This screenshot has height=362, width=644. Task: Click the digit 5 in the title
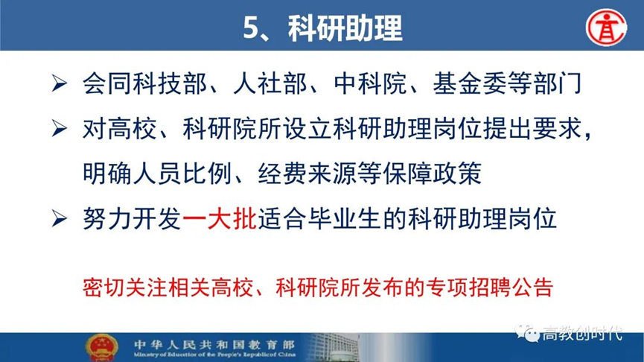pyautogui.click(x=252, y=28)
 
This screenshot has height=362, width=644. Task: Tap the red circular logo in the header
pyautogui.click(x=606, y=27)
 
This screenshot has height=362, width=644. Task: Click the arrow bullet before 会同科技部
pyautogui.click(x=60, y=84)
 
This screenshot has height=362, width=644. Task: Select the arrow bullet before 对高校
pyautogui.click(x=60, y=129)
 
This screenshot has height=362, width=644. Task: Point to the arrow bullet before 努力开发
pyautogui.click(x=60, y=218)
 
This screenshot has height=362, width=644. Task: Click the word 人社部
pyautogui.click(x=270, y=83)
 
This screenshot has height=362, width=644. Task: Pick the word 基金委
pyautogui.click(x=471, y=83)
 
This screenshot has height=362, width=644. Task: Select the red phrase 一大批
pyautogui.click(x=220, y=218)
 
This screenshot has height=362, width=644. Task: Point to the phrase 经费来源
pyautogui.click(x=307, y=174)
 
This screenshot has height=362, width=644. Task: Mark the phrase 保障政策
pyautogui.click(x=432, y=174)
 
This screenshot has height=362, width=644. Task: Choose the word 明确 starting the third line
pyautogui.click(x=107, y=174)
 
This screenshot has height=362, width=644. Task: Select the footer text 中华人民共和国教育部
pyautogui.click(x=214, y=344)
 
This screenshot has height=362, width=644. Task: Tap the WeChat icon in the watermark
pyautogui.click(x=528, y=332)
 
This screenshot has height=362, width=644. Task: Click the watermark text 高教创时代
pyautogui.click(x=582, y=333)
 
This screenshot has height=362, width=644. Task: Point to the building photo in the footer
pyautogui.click(x=334, y=348)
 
